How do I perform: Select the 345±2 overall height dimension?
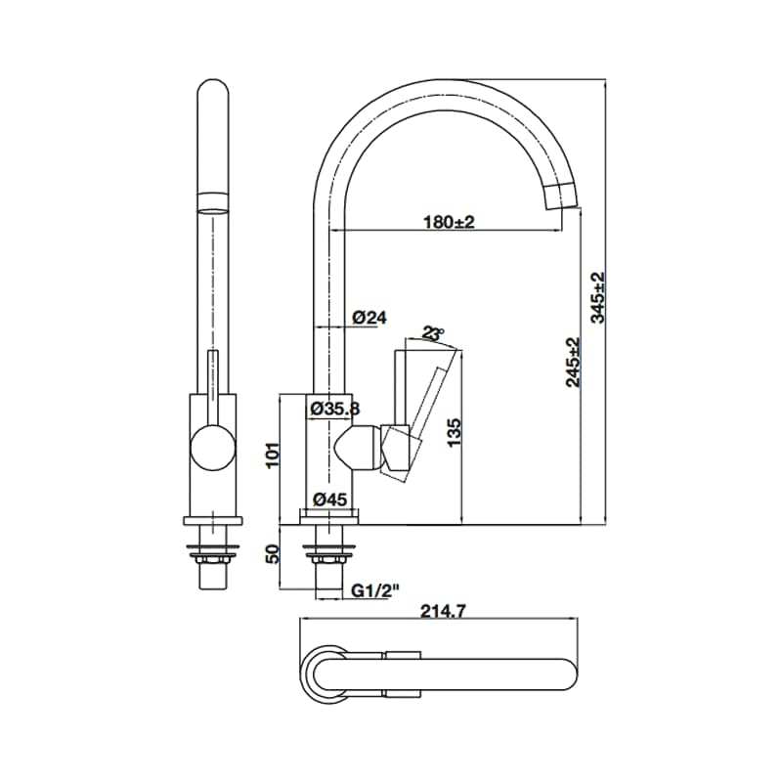point(598,297)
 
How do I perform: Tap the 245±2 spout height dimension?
point(572,362)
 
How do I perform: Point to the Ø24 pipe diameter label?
point(369,318)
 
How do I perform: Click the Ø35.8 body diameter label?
point(335,409)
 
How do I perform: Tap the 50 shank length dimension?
point(274,555)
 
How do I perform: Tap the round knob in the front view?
point(212,450)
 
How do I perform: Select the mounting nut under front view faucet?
point(212,558)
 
